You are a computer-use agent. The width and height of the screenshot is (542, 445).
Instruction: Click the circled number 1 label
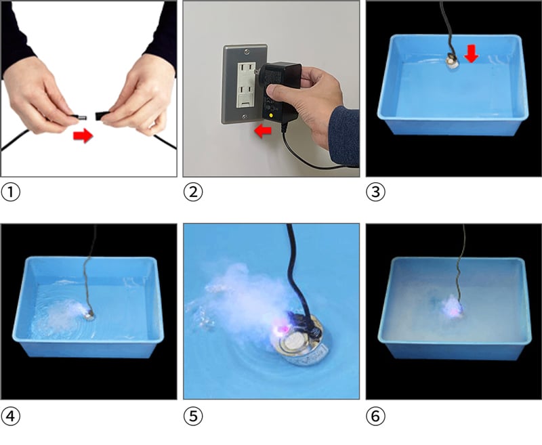point(11,192)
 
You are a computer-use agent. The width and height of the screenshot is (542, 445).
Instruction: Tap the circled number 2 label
point(193,192)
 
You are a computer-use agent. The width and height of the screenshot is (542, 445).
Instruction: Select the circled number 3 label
point(375,192)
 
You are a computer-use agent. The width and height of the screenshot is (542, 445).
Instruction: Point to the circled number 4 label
point(11,416)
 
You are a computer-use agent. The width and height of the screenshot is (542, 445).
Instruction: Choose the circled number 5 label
point(193,416)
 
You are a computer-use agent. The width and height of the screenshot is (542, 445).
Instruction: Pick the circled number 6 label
point(375,416)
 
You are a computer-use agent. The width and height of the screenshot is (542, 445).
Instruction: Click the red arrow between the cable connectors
point(83,135)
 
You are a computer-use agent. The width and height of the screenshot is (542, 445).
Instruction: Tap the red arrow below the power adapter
point(263,131)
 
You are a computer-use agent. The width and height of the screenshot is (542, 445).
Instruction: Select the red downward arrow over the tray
point(472,54)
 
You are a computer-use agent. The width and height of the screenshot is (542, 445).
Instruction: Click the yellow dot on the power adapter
point(271,116)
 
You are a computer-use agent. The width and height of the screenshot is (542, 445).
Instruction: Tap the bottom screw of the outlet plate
point(245,116)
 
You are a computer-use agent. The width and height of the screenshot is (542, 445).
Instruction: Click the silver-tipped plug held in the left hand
point(79,117)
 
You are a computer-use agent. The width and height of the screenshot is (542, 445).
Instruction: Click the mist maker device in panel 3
point(450,60)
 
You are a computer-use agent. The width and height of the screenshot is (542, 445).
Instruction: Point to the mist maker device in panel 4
point(90,316)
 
